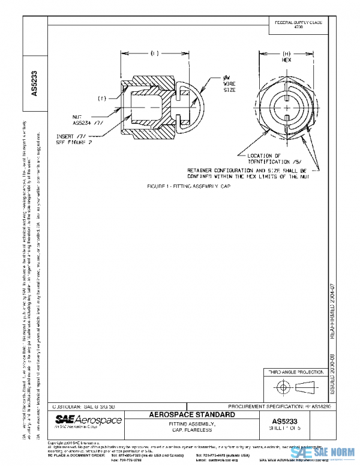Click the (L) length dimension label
(x=155, y=53)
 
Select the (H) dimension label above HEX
(x=286, y=53)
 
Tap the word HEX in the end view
(x=286, y=61)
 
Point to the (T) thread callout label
(x=103, y=97)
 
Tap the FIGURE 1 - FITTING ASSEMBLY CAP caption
(x=189, y=186)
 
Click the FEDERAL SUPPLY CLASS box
(x=298, y=25)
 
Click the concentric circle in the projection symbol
(x=280, y=386)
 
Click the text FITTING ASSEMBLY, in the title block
(x=190, y=423)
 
